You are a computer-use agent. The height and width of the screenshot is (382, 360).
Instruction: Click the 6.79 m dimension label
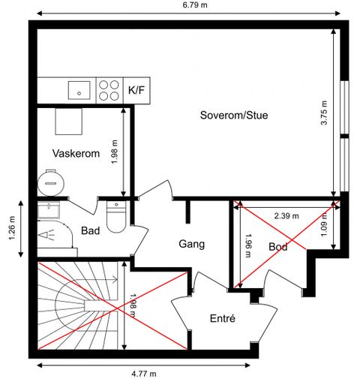point(195,5)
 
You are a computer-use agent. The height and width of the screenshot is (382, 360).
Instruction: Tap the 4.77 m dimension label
point(144,374)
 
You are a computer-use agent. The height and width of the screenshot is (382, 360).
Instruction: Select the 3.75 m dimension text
point(324,113)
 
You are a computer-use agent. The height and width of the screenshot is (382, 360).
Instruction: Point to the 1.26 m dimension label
point(12,228)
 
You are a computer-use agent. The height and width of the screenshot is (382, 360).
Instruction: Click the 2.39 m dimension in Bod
point(286,216)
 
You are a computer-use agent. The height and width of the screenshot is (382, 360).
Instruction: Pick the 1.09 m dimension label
point(324,224)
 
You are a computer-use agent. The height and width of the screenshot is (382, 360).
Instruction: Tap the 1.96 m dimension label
point(248,245)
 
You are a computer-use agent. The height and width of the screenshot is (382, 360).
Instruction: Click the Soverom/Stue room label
point(234,115)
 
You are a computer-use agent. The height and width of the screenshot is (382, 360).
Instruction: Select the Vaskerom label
point(76,153)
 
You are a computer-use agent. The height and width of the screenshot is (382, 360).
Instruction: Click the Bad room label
point(90,230)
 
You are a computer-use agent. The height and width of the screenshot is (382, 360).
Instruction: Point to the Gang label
point(192,244)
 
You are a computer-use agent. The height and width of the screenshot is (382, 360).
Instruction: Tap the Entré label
point(223,318)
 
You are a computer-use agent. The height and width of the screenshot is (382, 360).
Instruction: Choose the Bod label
point(278,247)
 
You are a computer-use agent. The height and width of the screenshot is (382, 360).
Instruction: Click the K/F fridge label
point(136,90)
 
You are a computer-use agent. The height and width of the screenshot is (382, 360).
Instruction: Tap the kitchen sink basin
point(79,90)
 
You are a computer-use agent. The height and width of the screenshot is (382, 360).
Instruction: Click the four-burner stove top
point(109,90)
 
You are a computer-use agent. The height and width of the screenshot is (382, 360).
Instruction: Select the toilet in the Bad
point(116,217)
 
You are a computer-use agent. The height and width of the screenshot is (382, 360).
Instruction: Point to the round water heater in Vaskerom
point(51,183)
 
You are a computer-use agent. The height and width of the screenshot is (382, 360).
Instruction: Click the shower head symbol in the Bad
point(46,235)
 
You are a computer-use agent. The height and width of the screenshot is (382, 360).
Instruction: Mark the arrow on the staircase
point(96,279)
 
